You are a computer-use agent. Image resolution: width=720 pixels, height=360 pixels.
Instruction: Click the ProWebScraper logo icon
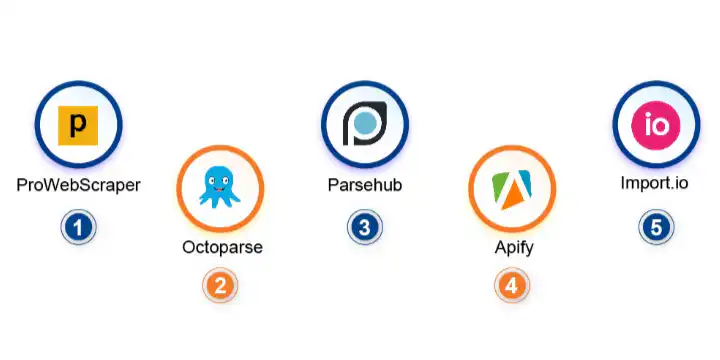[78, 126]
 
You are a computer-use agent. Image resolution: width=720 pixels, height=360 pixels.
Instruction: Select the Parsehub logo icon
[364, 125]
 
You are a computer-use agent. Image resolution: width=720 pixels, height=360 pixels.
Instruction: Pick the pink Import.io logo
[656, 126]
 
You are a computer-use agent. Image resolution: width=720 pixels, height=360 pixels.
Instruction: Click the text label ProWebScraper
[78, 185]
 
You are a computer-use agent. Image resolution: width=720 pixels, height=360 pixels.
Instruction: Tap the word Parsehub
[365, 185]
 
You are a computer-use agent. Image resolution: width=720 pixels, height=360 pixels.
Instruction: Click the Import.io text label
[656, 185]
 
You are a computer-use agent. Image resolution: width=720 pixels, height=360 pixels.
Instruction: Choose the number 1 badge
[78, 227]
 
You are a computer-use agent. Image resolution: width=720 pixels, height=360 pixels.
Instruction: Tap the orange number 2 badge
[220, 286]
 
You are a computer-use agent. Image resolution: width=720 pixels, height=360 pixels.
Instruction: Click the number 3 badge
[365, 227]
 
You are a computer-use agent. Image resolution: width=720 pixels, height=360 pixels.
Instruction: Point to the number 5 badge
[656, 227]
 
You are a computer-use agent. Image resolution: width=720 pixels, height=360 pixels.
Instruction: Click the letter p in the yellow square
[78, 127]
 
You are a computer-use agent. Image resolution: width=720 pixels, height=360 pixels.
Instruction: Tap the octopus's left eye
[213, 181]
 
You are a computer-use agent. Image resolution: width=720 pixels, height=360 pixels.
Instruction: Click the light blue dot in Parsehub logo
[367, 124]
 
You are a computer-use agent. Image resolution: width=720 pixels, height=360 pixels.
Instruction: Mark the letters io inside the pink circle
[656, 126]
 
